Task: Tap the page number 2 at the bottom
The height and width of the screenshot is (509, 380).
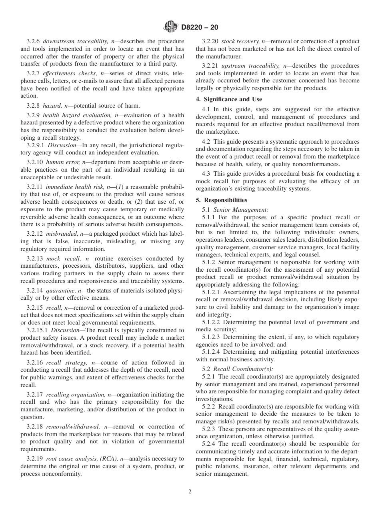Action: point(190,492)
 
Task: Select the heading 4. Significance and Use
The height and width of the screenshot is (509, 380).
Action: point(229,99)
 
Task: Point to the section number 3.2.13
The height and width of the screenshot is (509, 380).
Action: point(35,259)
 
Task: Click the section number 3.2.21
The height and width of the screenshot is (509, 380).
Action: point(210,65)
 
